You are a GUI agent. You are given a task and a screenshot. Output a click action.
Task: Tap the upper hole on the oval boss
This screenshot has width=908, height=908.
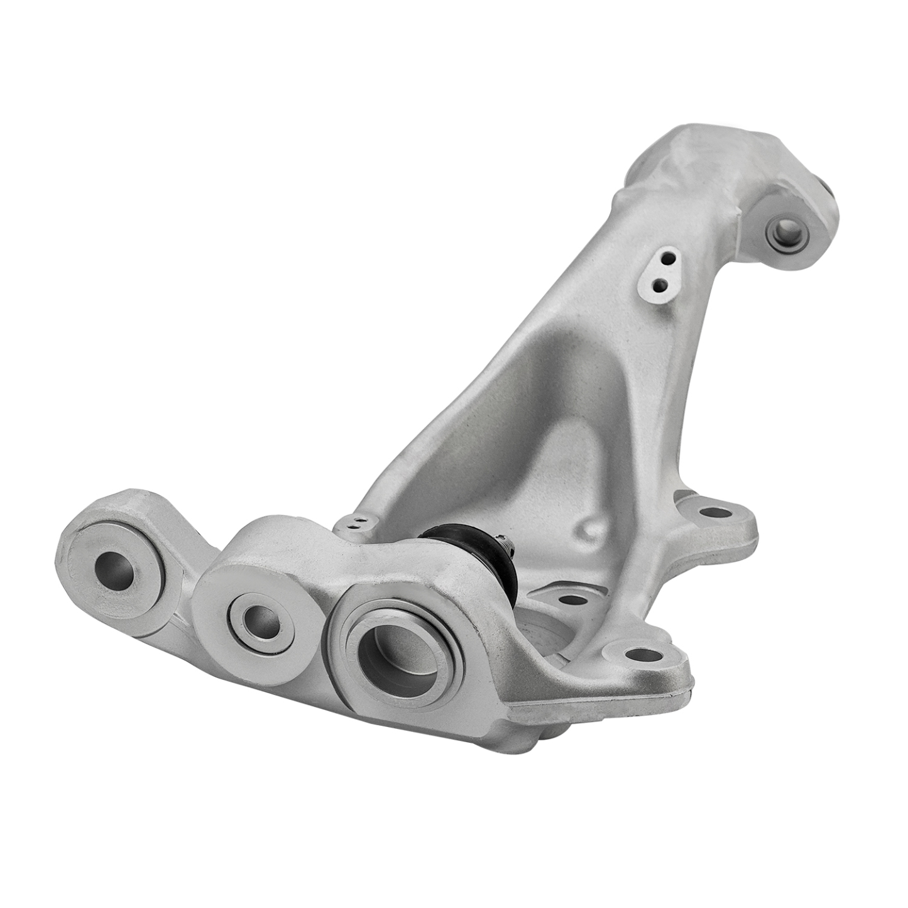coord(668,259)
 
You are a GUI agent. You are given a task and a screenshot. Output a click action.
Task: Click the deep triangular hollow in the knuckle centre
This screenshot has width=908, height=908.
coord(553,427)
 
